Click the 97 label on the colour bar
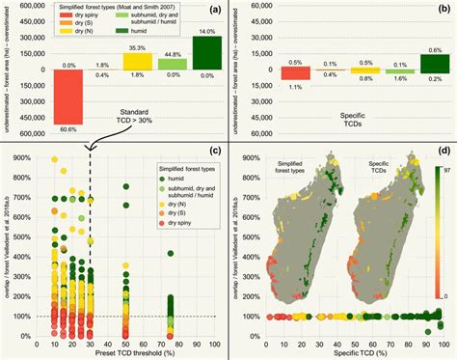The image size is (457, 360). [443, 170]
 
